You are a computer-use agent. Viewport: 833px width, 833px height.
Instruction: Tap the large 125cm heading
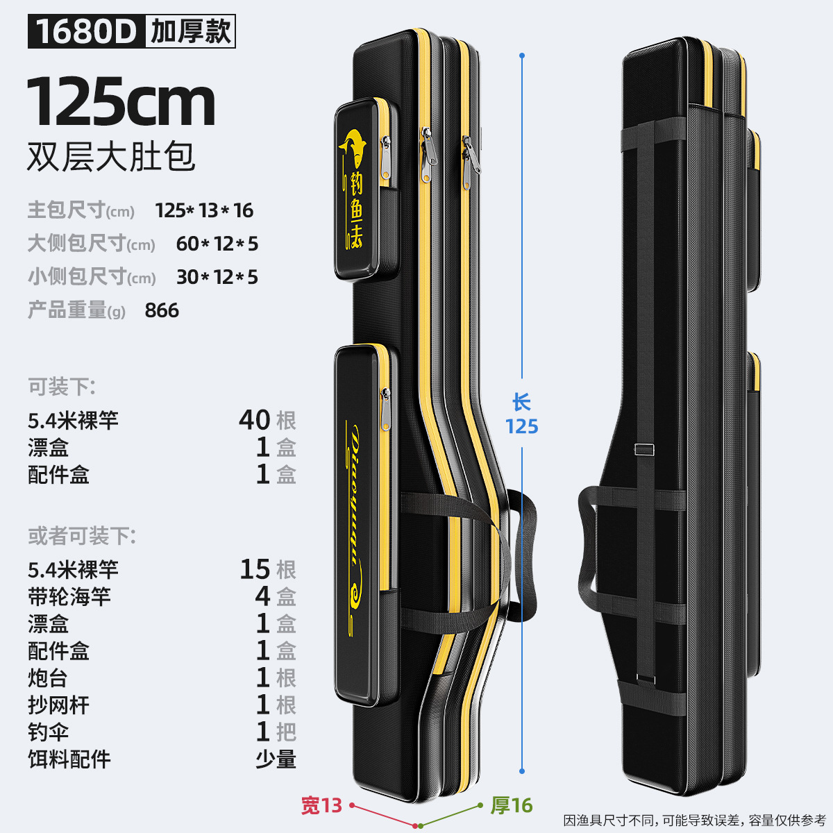tap(121, 102)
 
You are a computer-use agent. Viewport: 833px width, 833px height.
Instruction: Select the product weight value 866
tap(162, 310)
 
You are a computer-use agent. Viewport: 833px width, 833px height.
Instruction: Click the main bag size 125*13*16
tap(204, 210)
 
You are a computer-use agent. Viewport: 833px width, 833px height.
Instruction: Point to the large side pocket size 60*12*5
tap(217, 244)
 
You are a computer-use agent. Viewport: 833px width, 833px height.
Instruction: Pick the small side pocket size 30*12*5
tap(217, 277)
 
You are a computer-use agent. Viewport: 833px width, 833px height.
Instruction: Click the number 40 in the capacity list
tap(254, 420)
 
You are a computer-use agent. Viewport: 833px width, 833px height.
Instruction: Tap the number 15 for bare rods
tap(255, 569)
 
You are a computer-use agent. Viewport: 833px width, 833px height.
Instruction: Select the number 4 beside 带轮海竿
tap(262, 596)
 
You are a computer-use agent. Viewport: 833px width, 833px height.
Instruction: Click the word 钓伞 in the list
tap(49, 732)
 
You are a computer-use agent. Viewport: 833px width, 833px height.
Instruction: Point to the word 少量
tap(276, 759)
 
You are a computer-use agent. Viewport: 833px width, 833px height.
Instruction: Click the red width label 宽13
tap(321, 805)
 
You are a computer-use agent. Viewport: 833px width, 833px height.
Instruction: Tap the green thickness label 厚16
tap(512, 805)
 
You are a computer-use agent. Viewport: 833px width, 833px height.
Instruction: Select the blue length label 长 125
tap(521, 414)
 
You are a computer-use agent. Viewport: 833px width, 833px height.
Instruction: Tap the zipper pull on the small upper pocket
tap(385, 158)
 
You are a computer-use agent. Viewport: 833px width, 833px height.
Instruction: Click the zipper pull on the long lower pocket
tap(386, 410)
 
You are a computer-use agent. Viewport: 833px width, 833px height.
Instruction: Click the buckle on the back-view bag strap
tap(644, 449)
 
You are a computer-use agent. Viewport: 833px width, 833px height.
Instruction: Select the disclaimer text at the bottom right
tap(694, 821)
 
